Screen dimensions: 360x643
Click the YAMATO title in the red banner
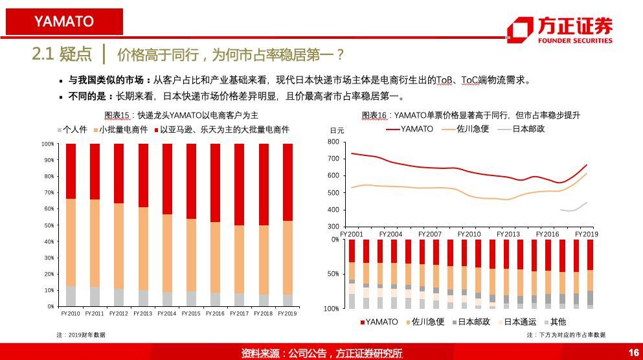point(64,21)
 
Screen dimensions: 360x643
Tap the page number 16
point(633,352)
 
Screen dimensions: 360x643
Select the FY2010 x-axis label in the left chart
point(70,313)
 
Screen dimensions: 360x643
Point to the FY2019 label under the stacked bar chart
point(286,313)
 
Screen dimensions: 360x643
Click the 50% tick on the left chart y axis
point(49,225)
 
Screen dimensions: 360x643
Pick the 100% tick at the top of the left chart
point(48,144)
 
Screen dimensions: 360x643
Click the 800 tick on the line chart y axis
point(333,142)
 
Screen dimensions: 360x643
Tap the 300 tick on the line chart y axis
point(333,227)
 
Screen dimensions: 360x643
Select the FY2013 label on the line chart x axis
point(508,234)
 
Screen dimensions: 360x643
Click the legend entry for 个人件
point(75,129)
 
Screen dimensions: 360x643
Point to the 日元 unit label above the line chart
point(337,131)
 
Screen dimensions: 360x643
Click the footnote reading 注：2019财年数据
point(81,335)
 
